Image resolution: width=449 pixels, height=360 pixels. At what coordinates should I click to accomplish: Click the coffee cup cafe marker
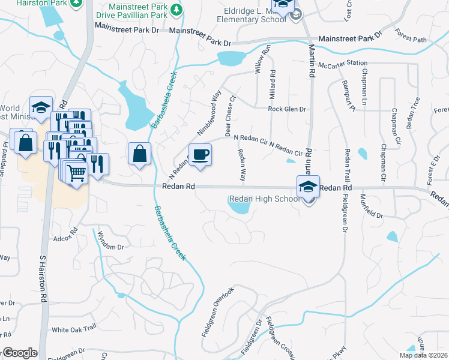coord(200,155)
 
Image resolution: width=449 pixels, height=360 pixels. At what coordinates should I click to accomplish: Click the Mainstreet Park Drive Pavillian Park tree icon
coord(176,10)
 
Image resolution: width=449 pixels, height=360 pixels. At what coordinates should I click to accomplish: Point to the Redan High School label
coord(264,199)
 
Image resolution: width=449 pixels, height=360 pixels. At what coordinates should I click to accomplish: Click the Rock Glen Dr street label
coord(287,109)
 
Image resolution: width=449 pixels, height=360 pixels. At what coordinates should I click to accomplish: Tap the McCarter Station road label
coord(343,63)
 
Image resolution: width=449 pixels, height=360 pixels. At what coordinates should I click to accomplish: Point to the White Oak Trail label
coord(74,329)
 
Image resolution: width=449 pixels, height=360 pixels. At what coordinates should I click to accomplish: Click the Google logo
coord(20,353)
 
